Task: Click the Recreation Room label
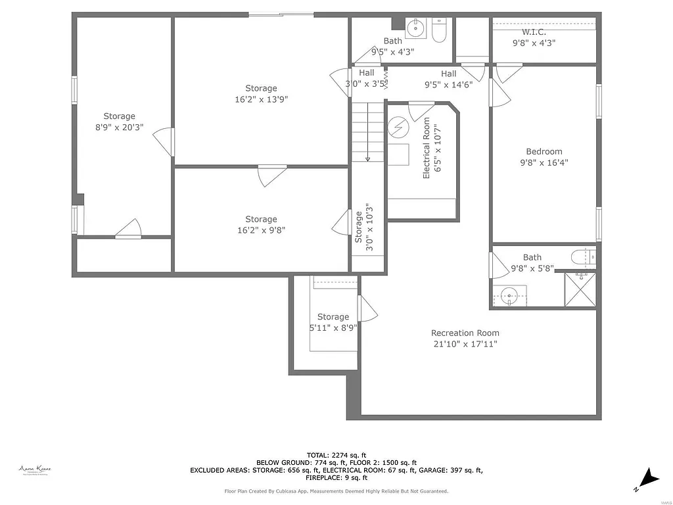[465, 333]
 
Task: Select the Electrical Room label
[427, 148]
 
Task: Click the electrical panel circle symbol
[398, 126]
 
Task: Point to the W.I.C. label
[534, 32]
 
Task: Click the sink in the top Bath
[415, 28]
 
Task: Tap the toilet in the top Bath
[440, 30]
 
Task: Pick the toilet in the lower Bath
[583, 256]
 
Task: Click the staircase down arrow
[367, 156]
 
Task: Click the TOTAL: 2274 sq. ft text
[336, 455]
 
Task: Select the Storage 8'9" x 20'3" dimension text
[119, 128]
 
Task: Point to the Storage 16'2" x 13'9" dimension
[261, 99]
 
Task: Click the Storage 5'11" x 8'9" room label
[333, 317]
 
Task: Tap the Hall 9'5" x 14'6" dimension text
[449, 84]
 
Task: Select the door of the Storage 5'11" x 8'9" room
[367, 308]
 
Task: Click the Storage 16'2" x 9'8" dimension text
[261, 230]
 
